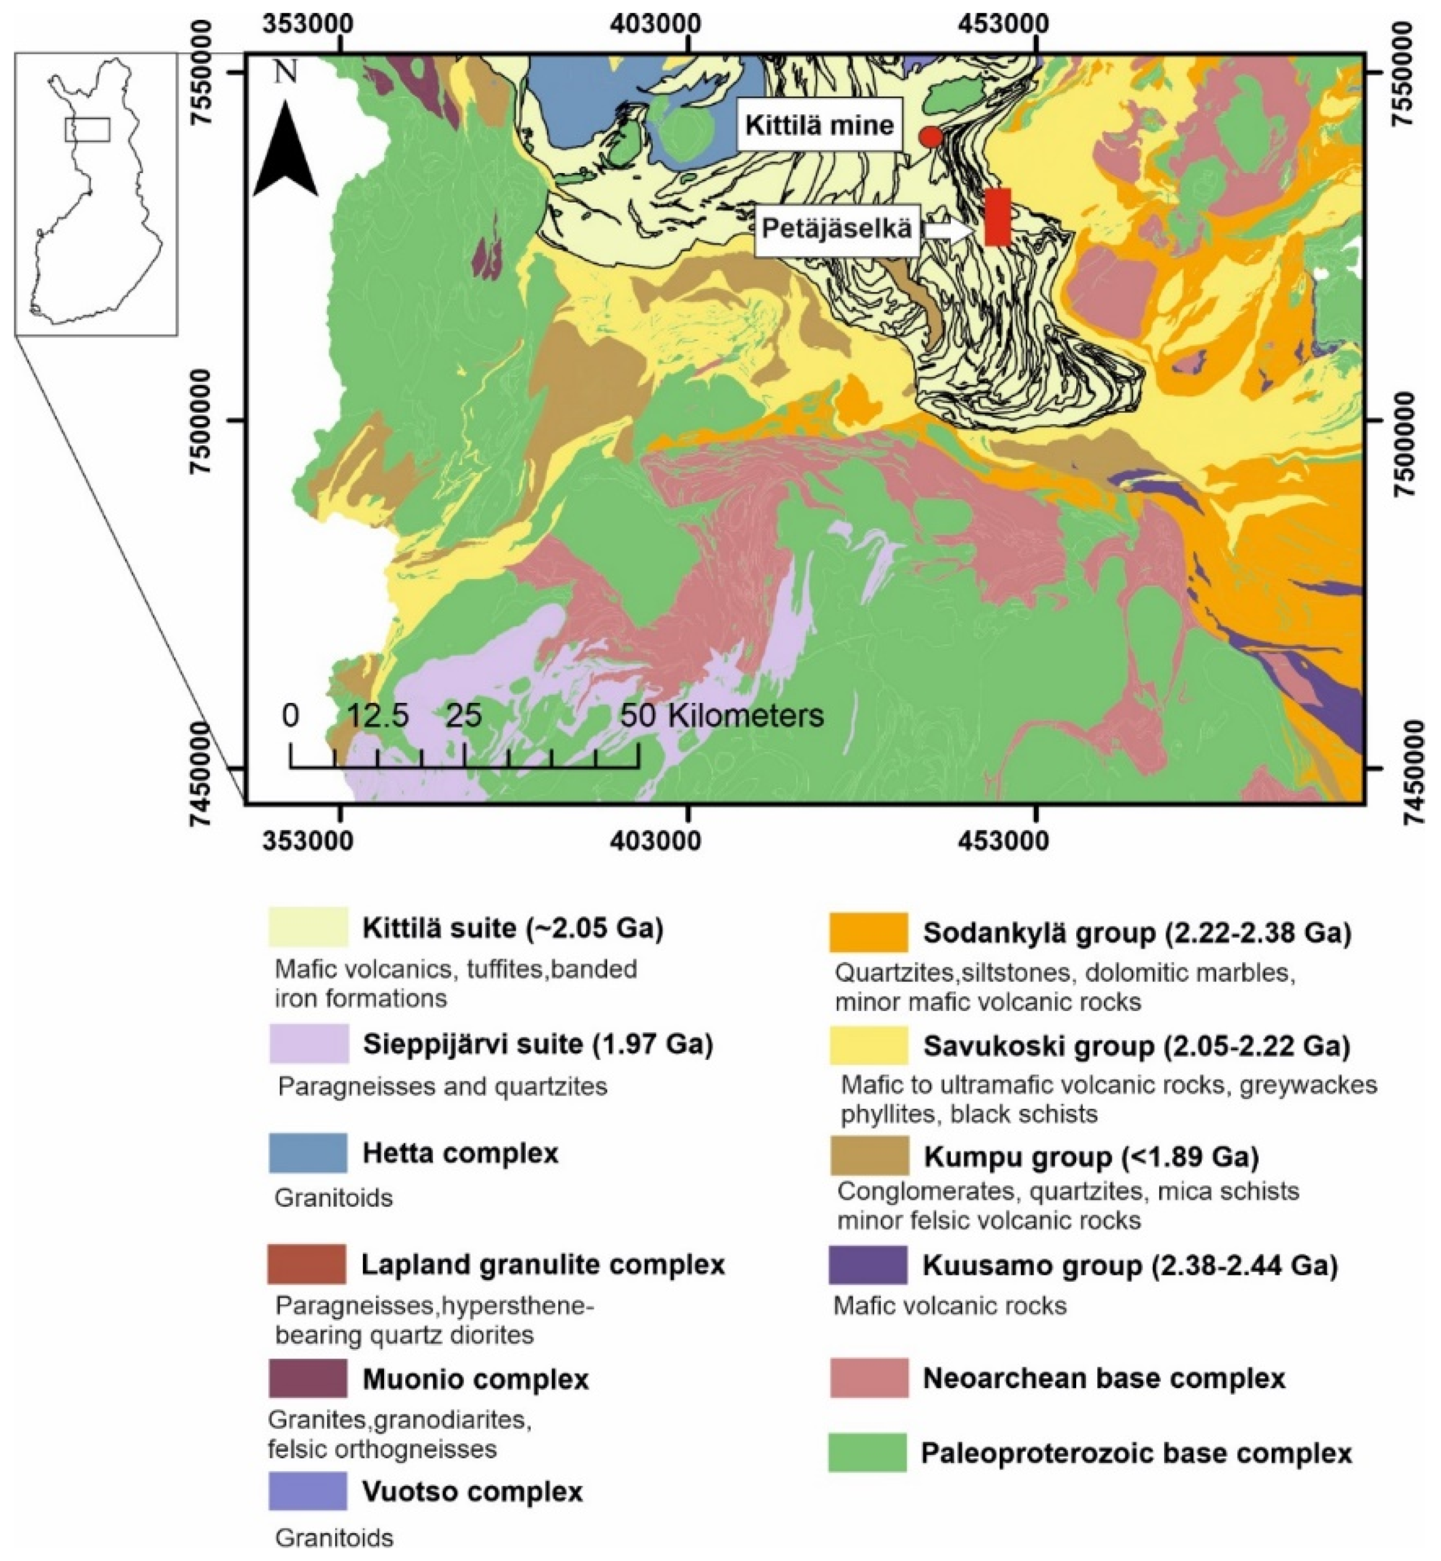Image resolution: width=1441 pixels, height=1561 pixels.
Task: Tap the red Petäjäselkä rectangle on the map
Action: point(997,217)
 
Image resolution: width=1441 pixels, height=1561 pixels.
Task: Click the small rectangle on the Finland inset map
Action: point(88,130)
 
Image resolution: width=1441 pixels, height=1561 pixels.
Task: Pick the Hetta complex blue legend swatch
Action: point(308,1153)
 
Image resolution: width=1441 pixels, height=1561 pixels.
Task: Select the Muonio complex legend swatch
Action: point(308,1378)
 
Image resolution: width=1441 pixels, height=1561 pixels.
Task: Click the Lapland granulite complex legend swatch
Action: point(307,1264)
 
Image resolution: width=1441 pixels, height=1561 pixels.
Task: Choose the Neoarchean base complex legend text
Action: point(1104,1378)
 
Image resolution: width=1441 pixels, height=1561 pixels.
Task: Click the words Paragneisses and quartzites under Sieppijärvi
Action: point(442,1086)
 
